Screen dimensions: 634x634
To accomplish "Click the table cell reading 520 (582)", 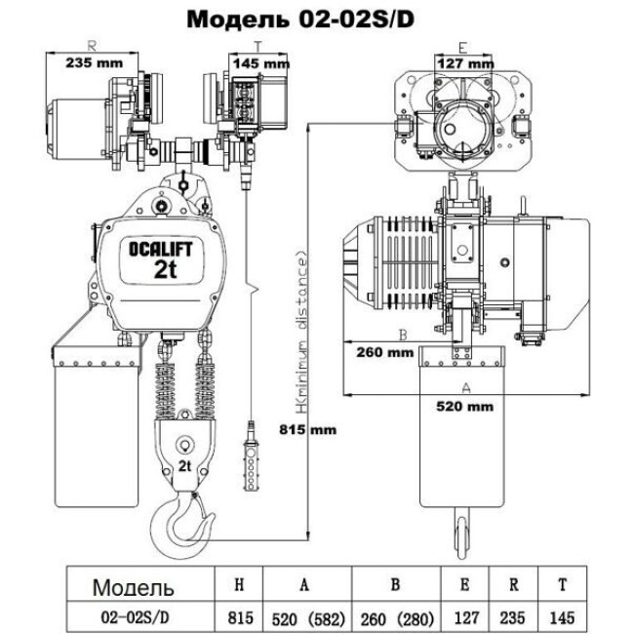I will [306, 616].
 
